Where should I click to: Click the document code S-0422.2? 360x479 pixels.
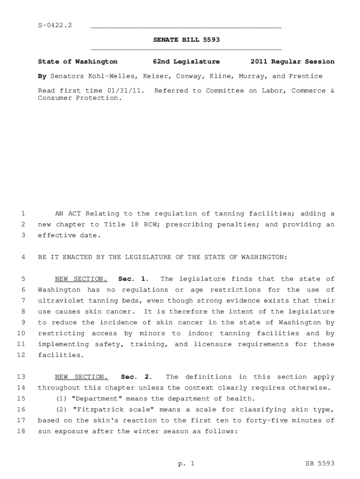click(55, 25)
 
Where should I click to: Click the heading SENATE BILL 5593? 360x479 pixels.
click(186, 40)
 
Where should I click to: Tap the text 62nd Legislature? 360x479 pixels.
click(186, 62)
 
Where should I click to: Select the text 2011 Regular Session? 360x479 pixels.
click(292, 62)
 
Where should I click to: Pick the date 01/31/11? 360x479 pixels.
click(128, 91)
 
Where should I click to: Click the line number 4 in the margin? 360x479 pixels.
click(23, 257)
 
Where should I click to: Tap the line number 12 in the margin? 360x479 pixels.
click(21, 355)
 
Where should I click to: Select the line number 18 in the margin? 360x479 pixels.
click(21, 431)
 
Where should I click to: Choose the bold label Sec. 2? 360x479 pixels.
click(136, 377)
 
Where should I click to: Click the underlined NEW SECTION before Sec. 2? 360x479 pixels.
click(81, 377)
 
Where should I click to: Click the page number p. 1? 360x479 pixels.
click(186, 464)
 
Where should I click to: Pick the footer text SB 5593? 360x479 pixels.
click(320, 464)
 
